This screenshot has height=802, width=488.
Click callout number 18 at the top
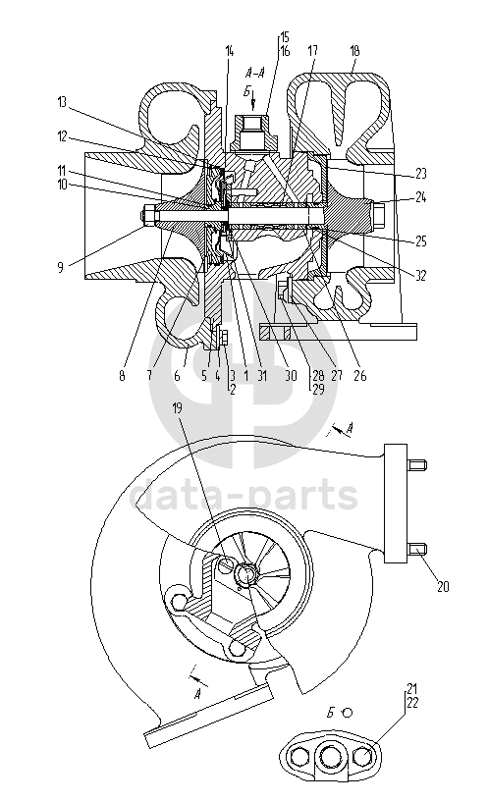(354, 51)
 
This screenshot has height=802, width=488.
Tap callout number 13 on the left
(62, 102)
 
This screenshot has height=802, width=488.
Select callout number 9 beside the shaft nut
(60, 267)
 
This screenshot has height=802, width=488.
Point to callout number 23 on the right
(420, 174)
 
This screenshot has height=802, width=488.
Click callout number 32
(420, 276)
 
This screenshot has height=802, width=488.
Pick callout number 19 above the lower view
(177, 407)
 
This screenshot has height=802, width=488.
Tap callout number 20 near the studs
(443, 586)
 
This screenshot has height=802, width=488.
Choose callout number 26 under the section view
(360, 375)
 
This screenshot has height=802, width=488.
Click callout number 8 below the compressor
(122, 376)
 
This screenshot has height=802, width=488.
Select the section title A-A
(254, 72)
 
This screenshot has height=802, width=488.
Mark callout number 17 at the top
(312, 51)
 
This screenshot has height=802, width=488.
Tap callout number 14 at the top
(229, 51)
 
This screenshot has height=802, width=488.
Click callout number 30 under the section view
(291, 375)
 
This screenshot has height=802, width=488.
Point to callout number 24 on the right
(420, 197)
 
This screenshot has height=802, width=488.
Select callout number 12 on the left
(62, 137)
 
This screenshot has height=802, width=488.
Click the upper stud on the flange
(417, 465)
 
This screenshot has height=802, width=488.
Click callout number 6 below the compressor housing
(177, 376)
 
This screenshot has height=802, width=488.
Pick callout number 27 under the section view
(336, 375)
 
